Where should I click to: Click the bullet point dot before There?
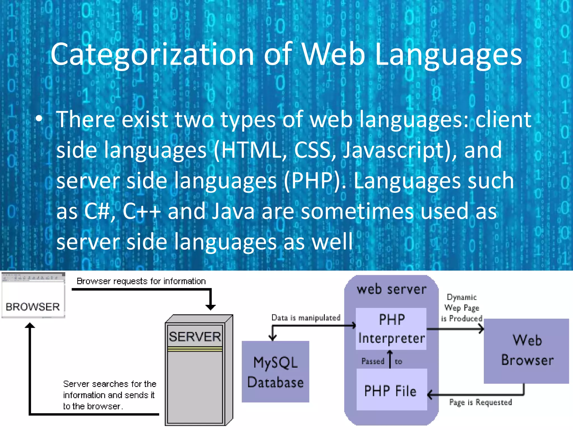pos(39,119)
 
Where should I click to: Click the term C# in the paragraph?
pos(99,211)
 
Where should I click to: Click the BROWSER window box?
pos(33,296)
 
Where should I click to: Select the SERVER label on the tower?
pos(195,336)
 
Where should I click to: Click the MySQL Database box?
pos(275,372)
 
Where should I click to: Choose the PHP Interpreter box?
pos(391,329)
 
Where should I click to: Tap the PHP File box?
pos(391,390)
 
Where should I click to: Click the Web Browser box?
pos(527,350)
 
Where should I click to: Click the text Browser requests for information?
pos(141,281)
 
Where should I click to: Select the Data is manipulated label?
pos(306,317)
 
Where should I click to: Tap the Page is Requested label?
pos(480,402)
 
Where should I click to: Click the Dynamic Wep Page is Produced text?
pos(462,308)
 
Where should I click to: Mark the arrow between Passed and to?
pos(390,359)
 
